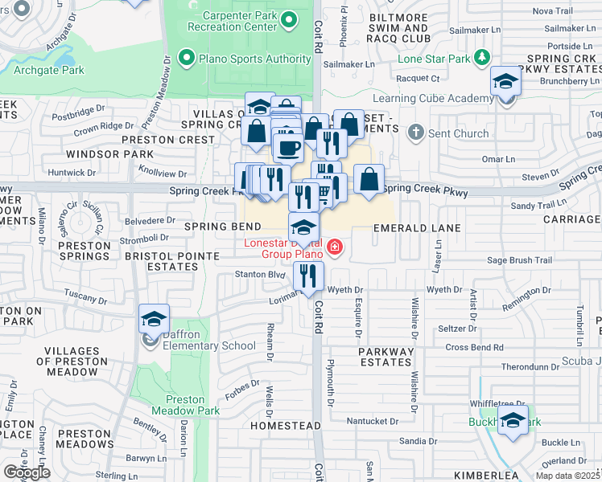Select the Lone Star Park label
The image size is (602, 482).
coord(437,59)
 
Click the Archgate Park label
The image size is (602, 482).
coord(49,71)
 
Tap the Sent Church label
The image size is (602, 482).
coord(459,133)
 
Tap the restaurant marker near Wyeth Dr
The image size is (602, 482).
coord(308,276)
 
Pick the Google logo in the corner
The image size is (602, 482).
coord(27,472)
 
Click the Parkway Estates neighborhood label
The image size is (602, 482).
coord(386,357)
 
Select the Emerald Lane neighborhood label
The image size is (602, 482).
coord(417,228)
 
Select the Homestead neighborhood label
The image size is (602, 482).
coord(279,424)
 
